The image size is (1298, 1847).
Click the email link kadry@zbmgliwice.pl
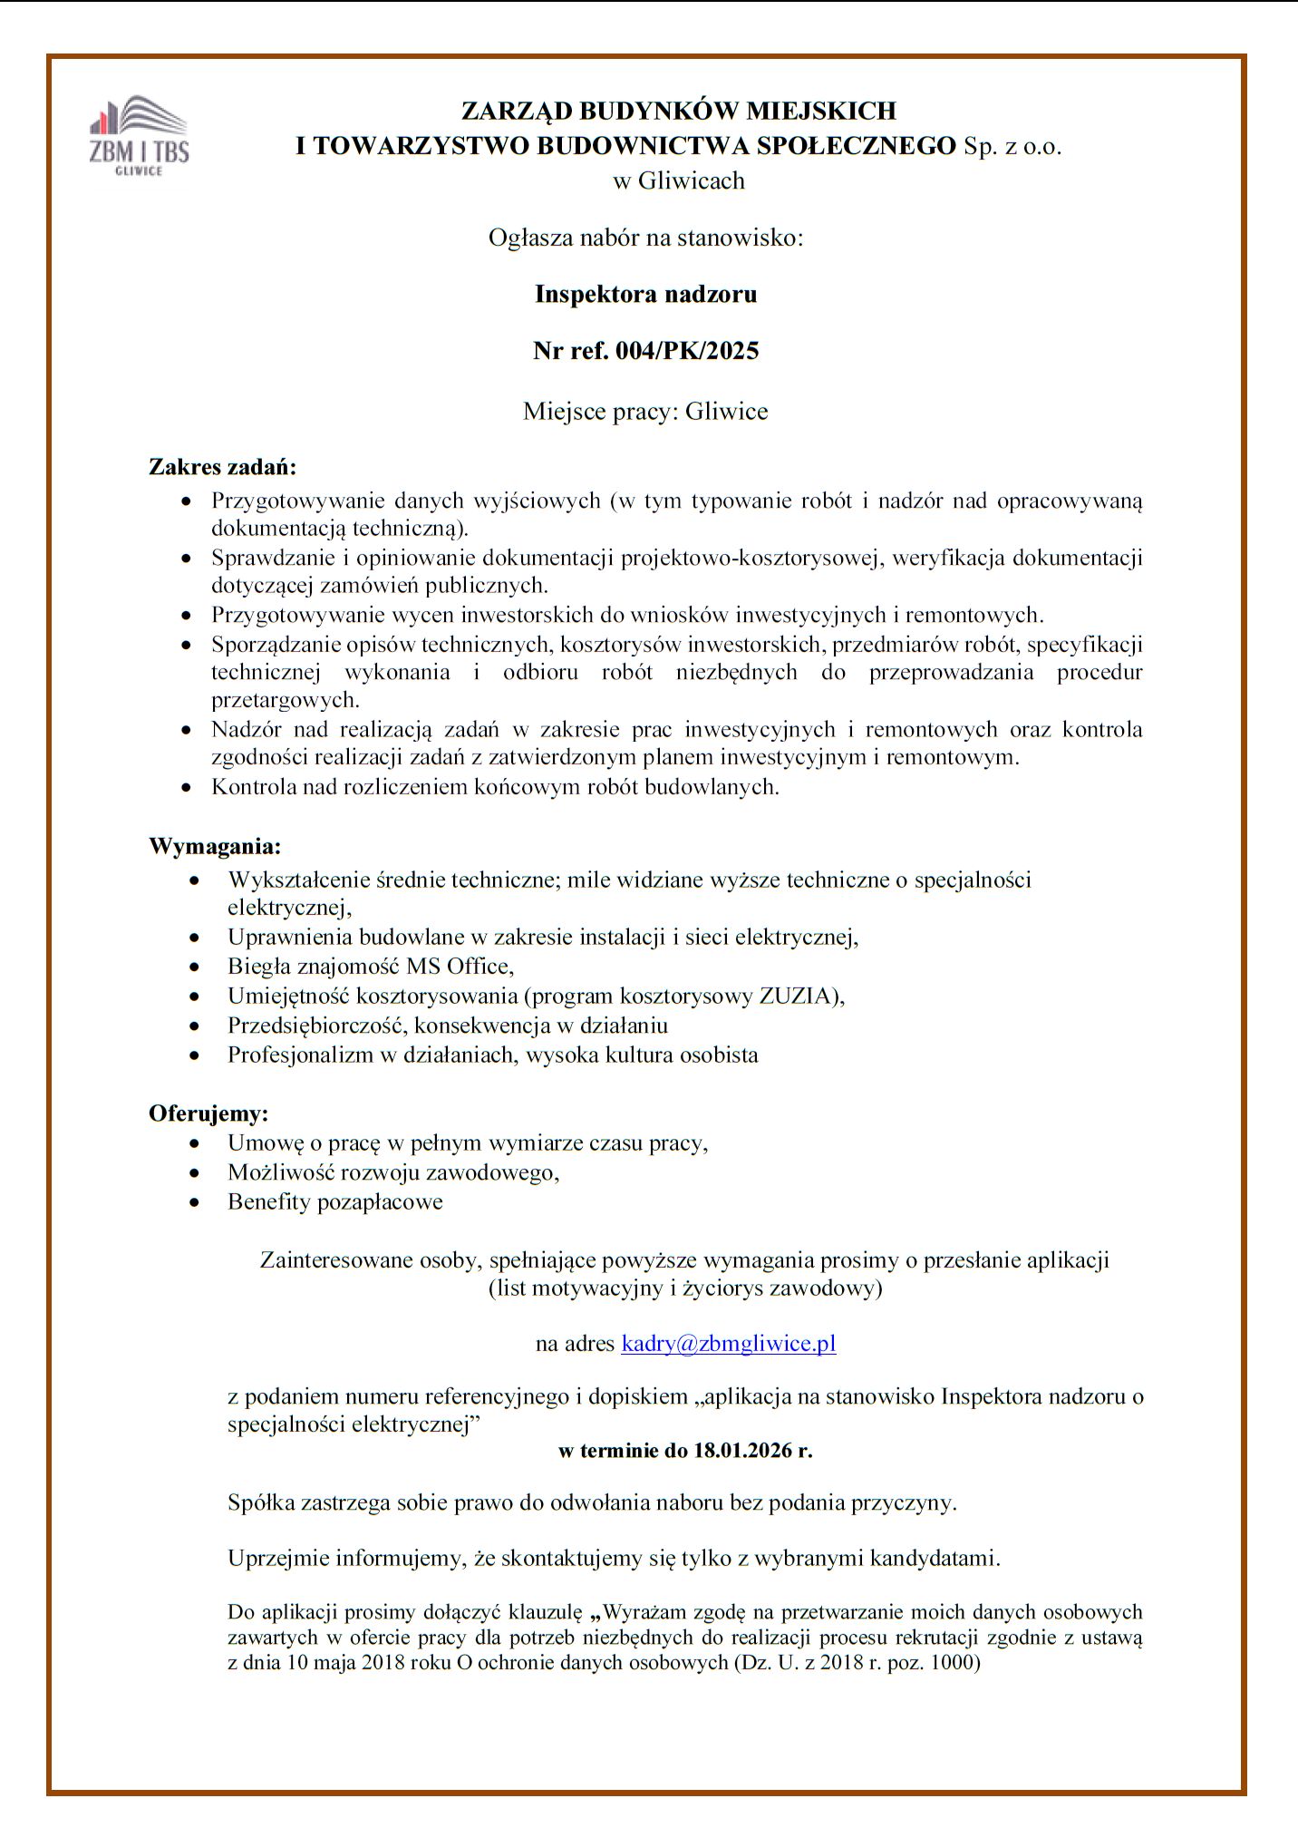(728, 1343)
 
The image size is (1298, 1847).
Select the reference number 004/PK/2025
(686, 351)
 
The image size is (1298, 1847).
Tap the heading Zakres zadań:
(223, 468)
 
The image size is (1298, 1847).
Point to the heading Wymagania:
(215, 847)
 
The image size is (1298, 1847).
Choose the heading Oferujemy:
(208, 1113)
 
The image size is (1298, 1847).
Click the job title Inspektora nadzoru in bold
(645, 294)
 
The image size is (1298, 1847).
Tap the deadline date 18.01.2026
(742, 1451)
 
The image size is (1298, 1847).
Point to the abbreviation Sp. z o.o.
(1012, 146)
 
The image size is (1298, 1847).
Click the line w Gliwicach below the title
(679, 180)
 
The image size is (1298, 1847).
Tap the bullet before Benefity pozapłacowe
(194, 1203)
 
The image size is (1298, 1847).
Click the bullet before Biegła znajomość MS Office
(194, 967)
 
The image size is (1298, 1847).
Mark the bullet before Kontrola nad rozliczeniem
(187, 788)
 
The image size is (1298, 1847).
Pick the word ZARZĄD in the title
(517, 111)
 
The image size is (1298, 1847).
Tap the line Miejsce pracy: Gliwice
(645, 412)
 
